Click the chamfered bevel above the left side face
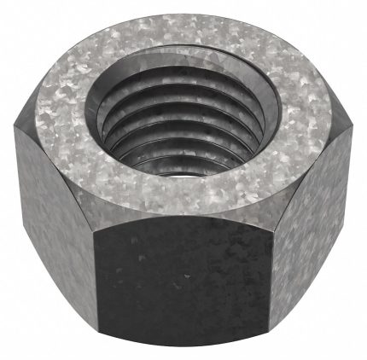coord(47,166)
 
